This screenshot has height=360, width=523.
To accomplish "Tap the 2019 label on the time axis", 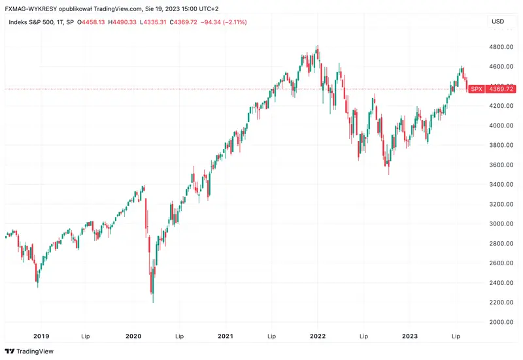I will (x=41, y=336).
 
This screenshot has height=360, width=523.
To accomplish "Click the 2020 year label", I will (x=133, y=336).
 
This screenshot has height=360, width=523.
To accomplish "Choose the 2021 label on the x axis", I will (x=226, y=336).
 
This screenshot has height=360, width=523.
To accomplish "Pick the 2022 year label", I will (x=318, y=336).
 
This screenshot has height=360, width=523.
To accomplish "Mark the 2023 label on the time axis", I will (x=410, y=336).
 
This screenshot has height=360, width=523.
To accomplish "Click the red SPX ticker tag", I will (x=477, y=89).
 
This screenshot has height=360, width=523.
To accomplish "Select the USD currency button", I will (x=498, y=22).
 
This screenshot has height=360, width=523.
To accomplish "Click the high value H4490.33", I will (x=135, y=22).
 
